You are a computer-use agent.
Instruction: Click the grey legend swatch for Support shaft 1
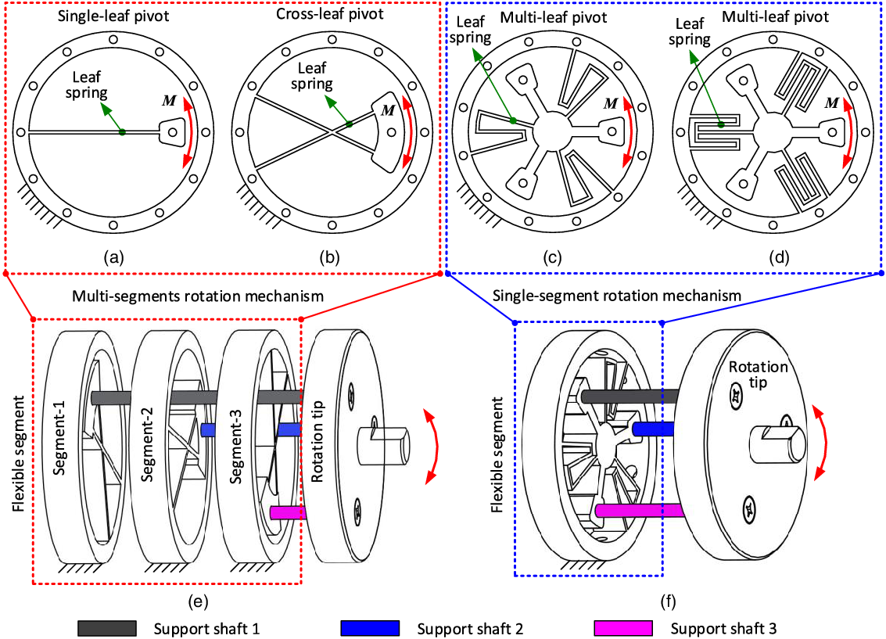coord(107,627)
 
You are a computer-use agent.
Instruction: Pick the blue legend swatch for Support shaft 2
coord(370,627)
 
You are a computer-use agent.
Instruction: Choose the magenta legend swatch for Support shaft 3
coord(622,627)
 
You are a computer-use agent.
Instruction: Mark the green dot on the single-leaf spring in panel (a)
coord(123,132)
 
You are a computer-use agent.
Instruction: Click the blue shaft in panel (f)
coord(654,429)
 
